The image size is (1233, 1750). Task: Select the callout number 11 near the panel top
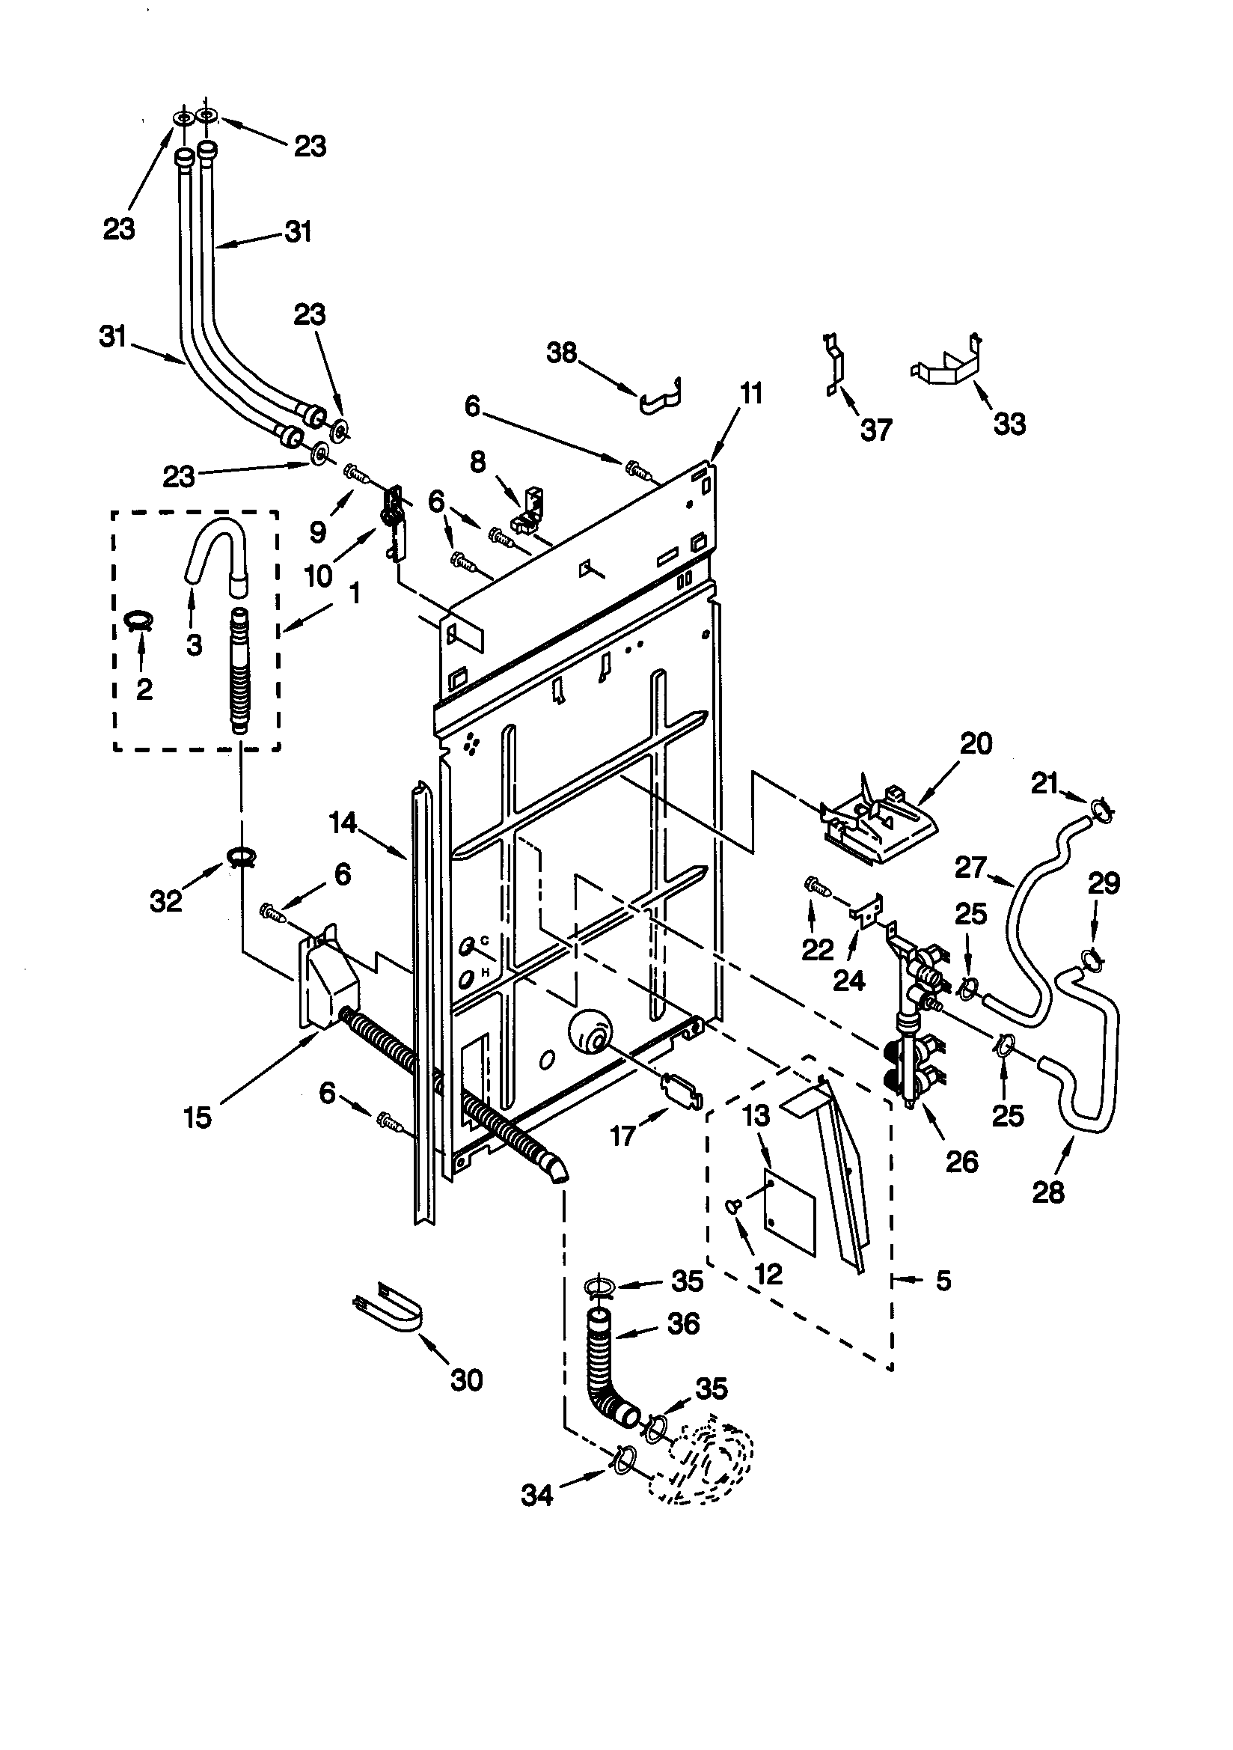click(750, 394)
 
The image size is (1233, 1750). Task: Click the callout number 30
click(466, 1379)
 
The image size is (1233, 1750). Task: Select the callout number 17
click(622, 1136)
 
